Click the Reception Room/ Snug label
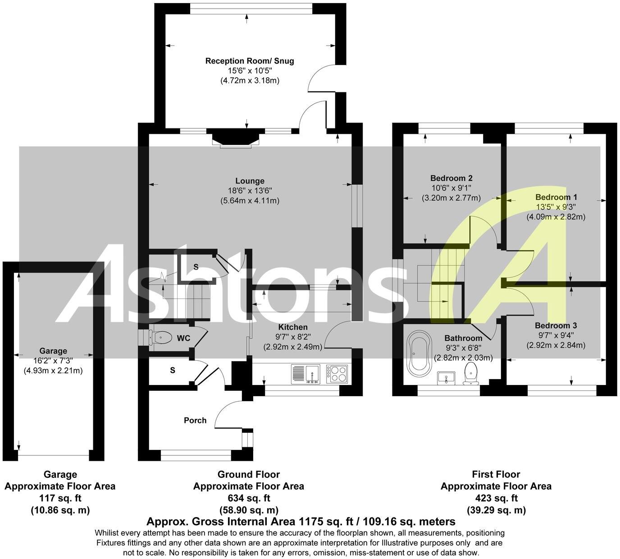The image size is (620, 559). coord(250,61)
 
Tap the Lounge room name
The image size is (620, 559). coord(250,181)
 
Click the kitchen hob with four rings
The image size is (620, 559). coord(337,373)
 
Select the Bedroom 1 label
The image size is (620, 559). coord(556,197)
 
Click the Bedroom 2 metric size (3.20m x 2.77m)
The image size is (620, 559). coord(451,198)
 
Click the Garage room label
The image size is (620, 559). coord(53,351)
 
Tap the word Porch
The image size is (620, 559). coord(195,421)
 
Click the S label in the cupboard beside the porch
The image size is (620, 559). coord(173,371)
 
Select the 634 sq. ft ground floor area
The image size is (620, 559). coord(249,499)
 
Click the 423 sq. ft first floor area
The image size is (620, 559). coord(496,499)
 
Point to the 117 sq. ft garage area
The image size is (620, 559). coord(60,499)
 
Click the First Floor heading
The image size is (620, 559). coord(496,475)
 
